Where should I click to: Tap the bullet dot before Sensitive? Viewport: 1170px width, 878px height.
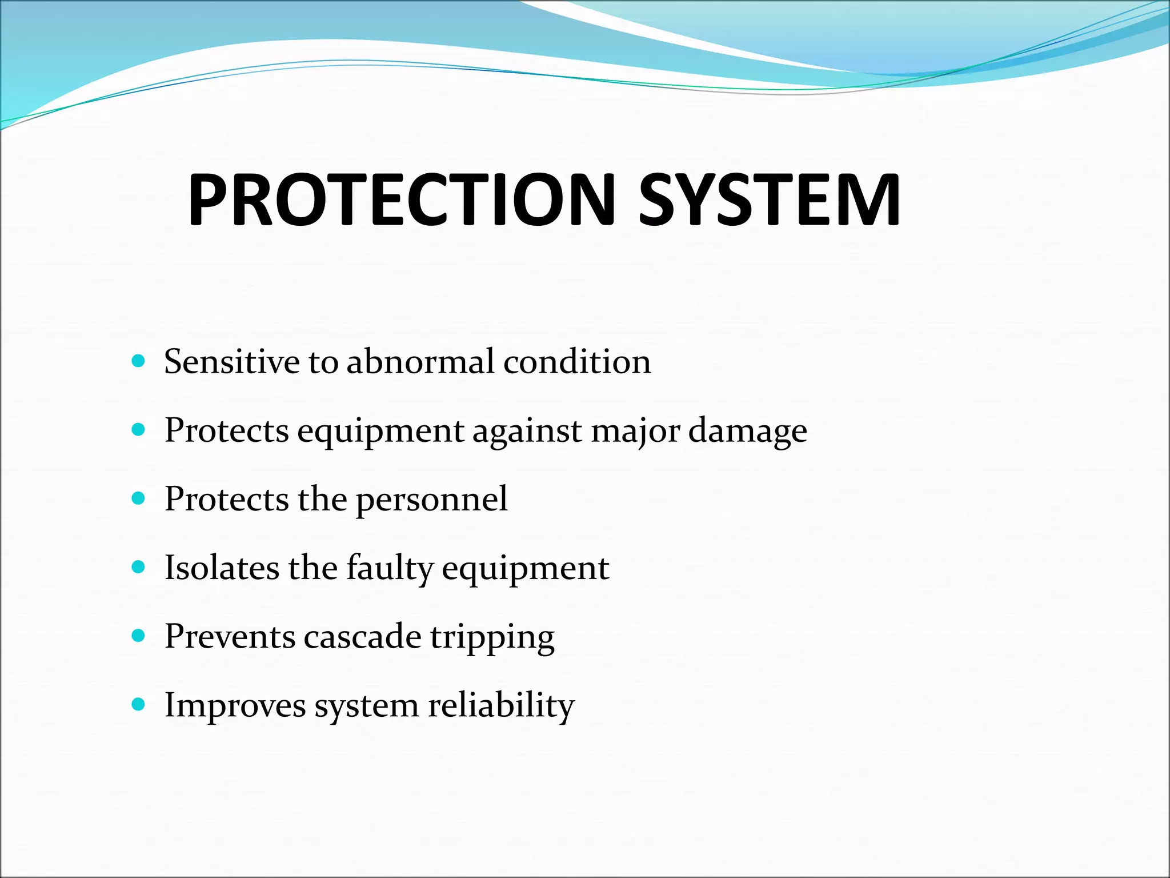coord(138,361)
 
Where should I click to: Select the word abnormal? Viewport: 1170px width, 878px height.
coord(420,362)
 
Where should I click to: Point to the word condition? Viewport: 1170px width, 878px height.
coord(577,362)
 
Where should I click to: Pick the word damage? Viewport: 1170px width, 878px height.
coord(747,432)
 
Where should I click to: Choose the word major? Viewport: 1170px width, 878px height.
coord(635,432)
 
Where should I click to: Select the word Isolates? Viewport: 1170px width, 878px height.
coord(222,568)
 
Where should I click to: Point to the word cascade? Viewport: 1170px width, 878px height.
coord(362,636)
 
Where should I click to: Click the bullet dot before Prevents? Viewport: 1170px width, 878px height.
coord(138,635)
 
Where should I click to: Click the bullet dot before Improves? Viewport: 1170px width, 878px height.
coord(138,704)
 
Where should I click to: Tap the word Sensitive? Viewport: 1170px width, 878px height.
coord(231,362)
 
